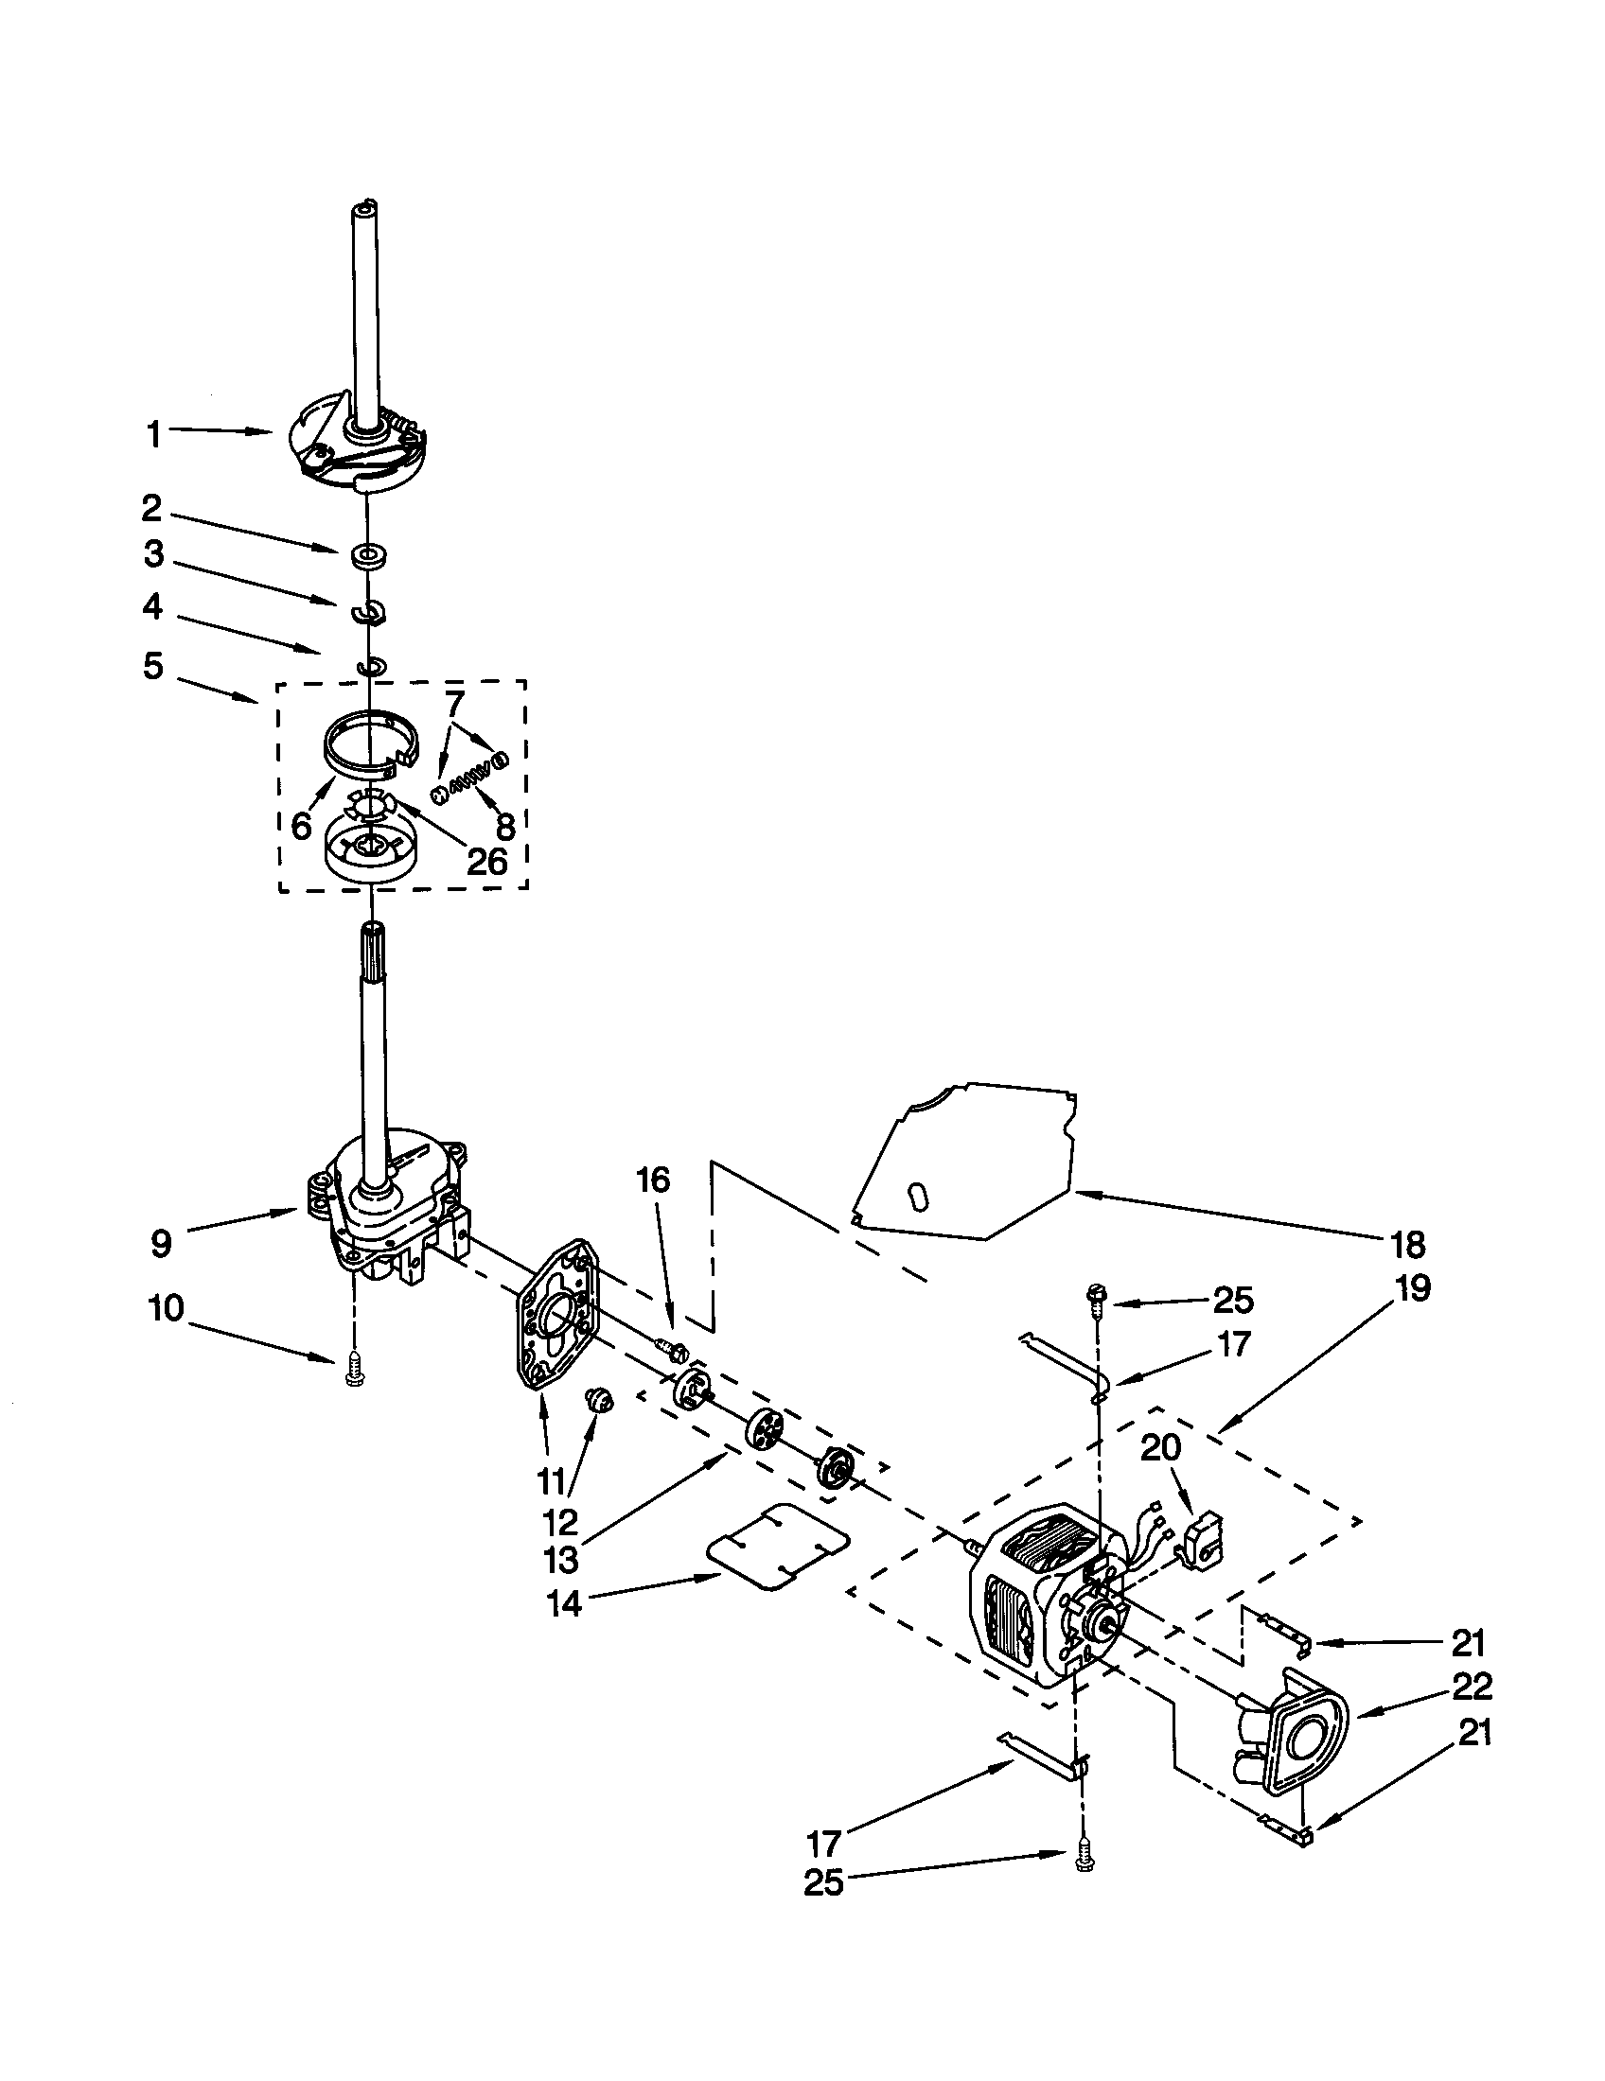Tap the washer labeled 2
(x=365, y=555)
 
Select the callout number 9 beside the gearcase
(x=162, y=1243)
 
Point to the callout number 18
(x=1407, y=1244)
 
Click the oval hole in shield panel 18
(x=916, y=1198)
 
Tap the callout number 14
(x=564, y=1603)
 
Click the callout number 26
(x=486, y=862)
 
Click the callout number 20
(x=1160, y=1447)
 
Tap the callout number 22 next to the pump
(x=1472, y=1687)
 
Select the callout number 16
(x=653, y=1180)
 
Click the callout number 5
(x=153, y=666)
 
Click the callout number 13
(x=560, y=1560)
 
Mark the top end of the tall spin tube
(x=366, y=207)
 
